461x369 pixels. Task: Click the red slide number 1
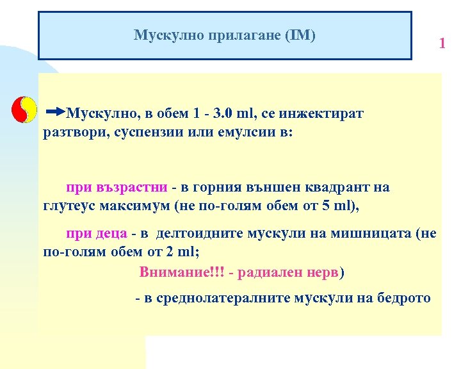point(442,44)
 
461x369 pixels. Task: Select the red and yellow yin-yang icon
point(24,110)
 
